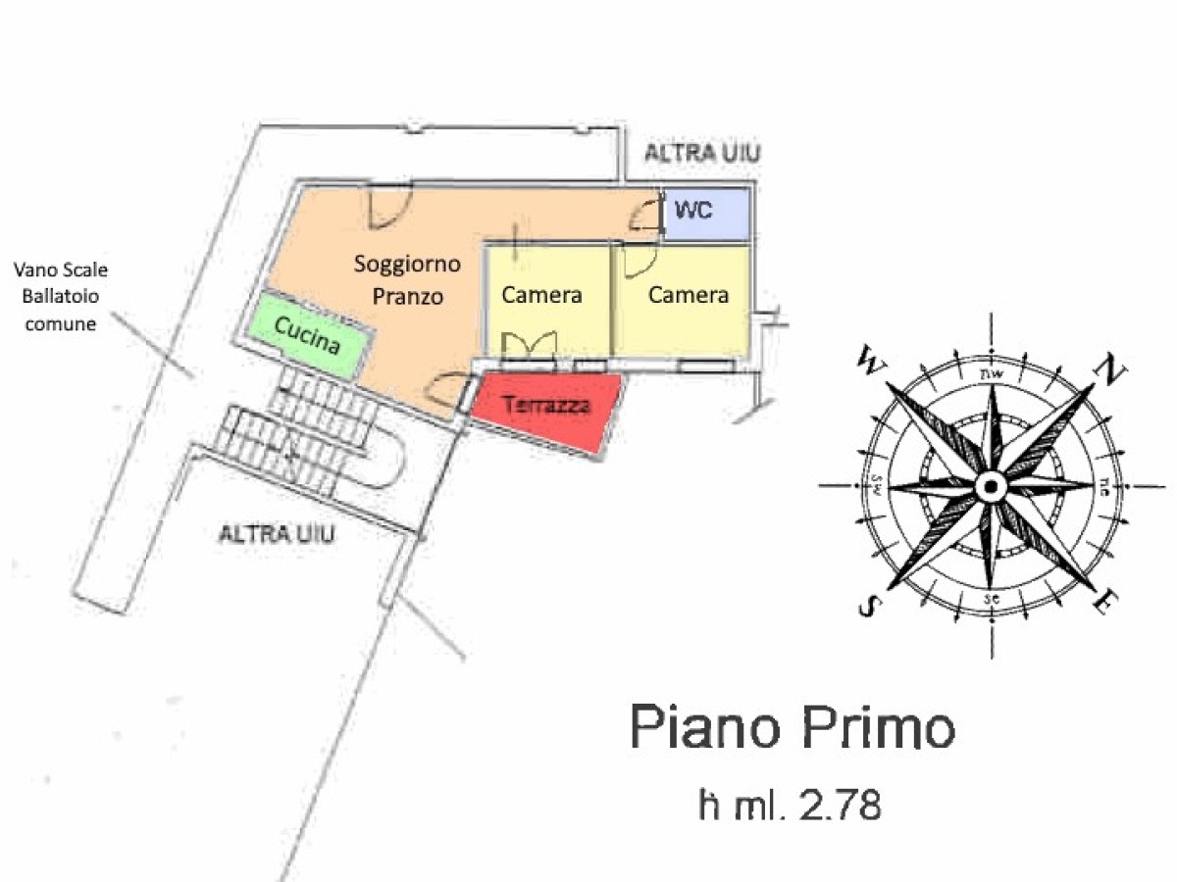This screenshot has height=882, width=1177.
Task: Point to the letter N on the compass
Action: tap(1108, 370)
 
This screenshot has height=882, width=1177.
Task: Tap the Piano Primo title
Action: tap(792, 728)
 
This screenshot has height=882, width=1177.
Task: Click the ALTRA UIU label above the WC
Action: tap(701, 153)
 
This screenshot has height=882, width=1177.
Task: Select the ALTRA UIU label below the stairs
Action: tap(277, 534)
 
